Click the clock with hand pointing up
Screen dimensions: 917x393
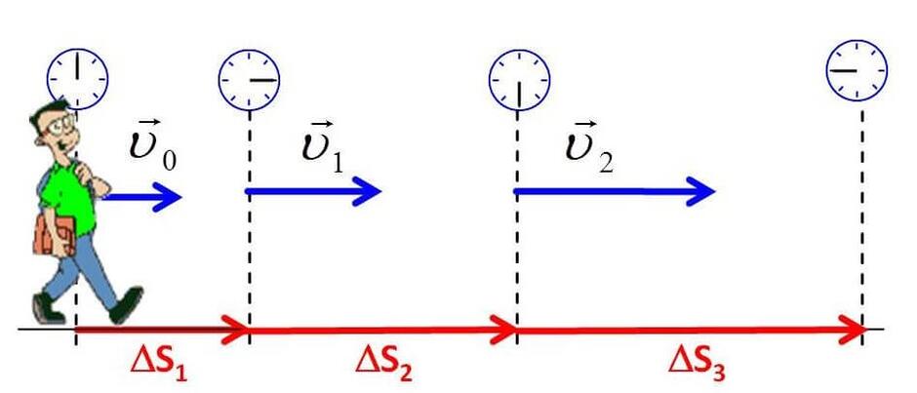77,79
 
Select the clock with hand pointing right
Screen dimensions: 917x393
249,80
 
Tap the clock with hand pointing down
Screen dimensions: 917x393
519,81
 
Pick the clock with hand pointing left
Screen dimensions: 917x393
857,70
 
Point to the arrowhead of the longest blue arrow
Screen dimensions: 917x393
699,191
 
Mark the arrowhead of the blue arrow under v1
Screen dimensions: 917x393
366,191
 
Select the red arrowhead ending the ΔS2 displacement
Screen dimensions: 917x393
503,330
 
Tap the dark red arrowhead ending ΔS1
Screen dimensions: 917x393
234,329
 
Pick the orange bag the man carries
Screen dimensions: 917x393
55,236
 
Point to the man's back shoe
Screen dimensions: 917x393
48,307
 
